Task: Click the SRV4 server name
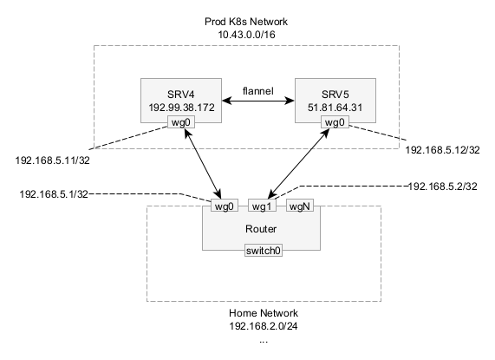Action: pos(181,94)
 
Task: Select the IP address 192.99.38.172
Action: pos(181,108)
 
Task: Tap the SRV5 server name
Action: pos(335,94)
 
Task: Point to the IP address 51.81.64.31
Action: pos(335,108)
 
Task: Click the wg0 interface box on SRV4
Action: pos(181,122)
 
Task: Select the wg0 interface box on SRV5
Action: pos(335,122)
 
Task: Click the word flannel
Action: pos(258,91)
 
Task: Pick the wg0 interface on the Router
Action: pos(225,206)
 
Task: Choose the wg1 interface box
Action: pos(262,206)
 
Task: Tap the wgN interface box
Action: pos(300,206)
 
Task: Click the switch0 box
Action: pos(264,251)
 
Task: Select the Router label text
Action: pos(261,229)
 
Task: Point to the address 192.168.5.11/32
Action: pos(52,160)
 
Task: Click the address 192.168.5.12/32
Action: pos(442,150)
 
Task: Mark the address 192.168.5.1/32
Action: pos(54,194)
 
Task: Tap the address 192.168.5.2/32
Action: pos(443,187)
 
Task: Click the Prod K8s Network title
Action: pos(246,22)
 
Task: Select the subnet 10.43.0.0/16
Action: pos(246,35)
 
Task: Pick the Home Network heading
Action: pos(264,313)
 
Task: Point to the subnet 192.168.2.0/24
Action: pos(264,326)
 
